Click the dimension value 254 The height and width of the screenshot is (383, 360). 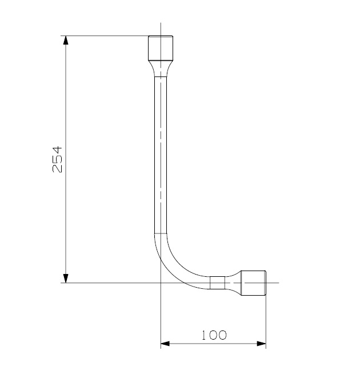click(x=58, y=159)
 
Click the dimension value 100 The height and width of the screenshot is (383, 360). click(x=214, y=335)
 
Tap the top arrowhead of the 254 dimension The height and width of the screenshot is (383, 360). click(x=66, y=41)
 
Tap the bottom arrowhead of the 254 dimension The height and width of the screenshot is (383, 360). click(x=66, y=278)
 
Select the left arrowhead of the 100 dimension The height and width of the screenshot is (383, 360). click(x=165, y=344)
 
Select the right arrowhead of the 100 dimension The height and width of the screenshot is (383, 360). click(x=261, y=344)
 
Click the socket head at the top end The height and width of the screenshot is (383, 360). click(x=161, y=48)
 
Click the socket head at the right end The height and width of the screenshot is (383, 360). click(x=253, y=283)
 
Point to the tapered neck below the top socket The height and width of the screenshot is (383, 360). click(x=161, y=69)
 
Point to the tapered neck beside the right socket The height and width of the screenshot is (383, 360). click(x=233, y=283)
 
